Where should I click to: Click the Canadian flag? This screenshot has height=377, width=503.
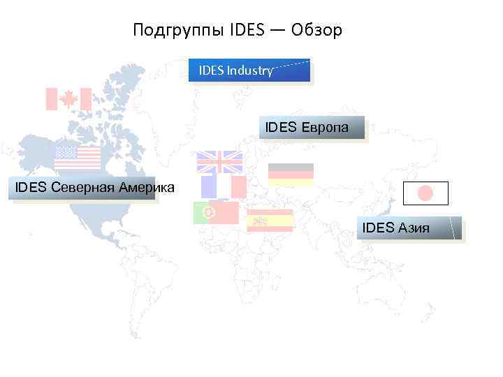coord(68,99)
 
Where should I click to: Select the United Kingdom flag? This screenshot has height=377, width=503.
coord(219,162)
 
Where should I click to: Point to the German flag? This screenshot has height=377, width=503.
coord(291,175)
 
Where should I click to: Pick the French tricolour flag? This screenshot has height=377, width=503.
coord(224,187)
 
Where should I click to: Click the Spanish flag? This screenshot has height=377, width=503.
coord(270,220)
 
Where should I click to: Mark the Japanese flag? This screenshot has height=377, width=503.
coord(425,193)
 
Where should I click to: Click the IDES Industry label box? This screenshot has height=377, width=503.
coord(249,71)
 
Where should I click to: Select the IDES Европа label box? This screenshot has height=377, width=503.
coord(312,128)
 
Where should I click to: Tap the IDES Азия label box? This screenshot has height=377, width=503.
coord(409,228)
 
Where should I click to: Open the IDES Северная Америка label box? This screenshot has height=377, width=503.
coord(82,188)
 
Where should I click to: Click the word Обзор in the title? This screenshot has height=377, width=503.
coord(317,31)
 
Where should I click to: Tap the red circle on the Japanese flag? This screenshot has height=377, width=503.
coord(425,193)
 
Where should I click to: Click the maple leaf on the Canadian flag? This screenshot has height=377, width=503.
coord(68,99)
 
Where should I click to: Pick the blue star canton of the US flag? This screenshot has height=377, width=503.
coord(66,151)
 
